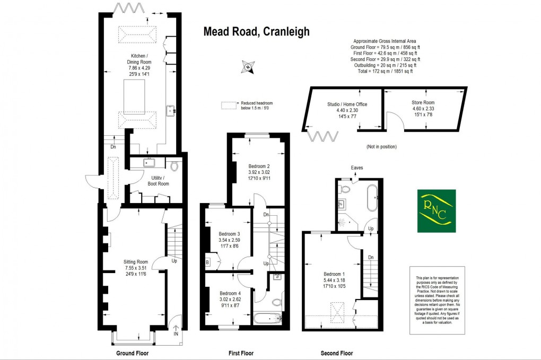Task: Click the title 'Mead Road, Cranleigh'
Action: (257, 32)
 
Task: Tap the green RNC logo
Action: (436, 210)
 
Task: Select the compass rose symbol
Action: (247, 67)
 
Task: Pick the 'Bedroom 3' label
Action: (230, 234)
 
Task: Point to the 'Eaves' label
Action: (357, 168)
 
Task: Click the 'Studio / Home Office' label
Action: (347, 104)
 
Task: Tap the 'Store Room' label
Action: (423, 102)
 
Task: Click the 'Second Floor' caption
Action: (336, 353)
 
